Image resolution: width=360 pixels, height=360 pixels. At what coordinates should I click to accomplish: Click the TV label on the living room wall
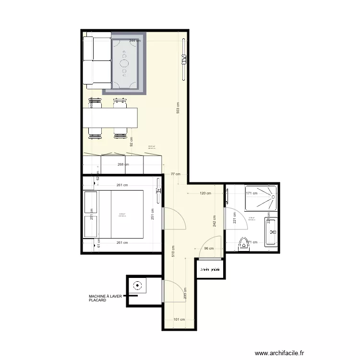point(183,59)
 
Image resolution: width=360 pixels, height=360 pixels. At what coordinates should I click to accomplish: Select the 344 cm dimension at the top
point(135,41)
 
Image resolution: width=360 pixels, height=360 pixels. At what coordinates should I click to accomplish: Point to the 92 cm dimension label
point(131,141)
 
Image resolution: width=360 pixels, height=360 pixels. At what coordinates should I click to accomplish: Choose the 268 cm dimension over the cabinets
point(123,164)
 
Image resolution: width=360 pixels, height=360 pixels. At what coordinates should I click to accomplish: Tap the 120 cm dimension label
point(205,193)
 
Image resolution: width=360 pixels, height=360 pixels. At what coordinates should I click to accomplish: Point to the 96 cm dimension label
point(209,249)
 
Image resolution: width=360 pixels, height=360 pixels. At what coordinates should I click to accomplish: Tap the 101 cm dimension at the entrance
point(179,319)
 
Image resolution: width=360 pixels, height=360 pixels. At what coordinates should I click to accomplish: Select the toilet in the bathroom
point(244,244)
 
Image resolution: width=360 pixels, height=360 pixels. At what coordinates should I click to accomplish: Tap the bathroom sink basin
point(272,232)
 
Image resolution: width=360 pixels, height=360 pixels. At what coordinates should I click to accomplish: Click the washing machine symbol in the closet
point(138,286)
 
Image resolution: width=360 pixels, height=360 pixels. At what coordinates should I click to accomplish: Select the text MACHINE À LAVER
point(106,297)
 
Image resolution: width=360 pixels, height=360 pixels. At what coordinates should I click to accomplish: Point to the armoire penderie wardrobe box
point(210,269)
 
